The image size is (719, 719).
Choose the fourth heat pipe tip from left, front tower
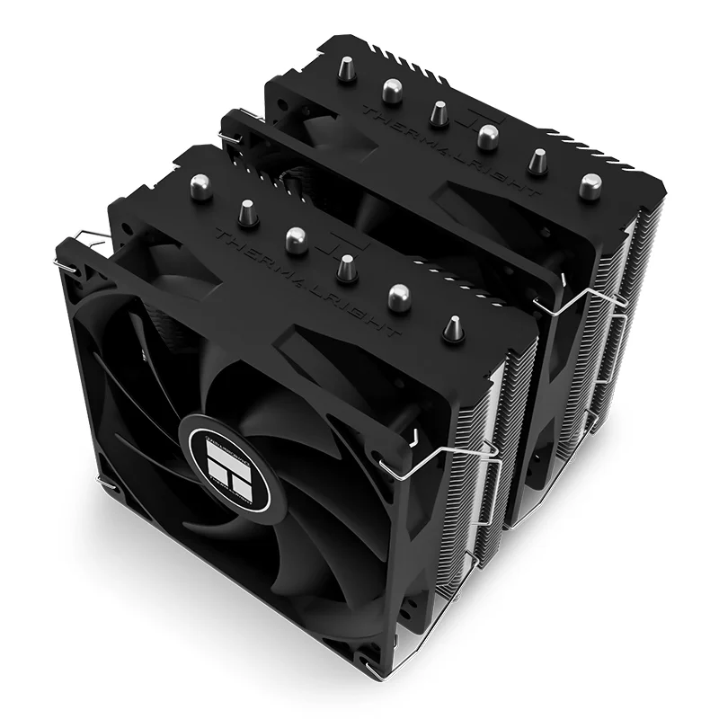(x=344, y=267)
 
